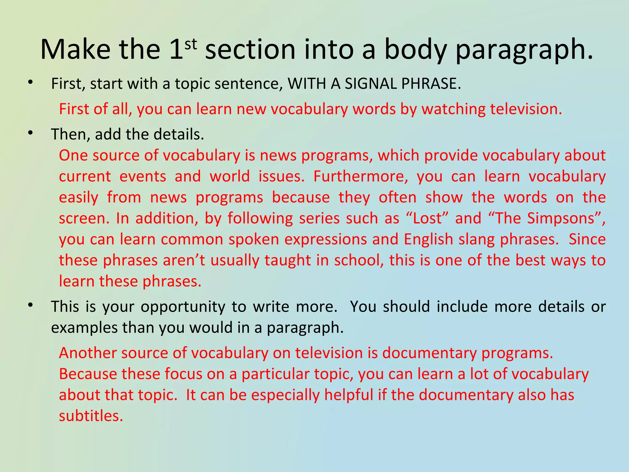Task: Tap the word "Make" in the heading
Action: pos(75,49)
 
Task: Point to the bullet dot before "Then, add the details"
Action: pos(30,133)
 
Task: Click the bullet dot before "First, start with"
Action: pos(30,82)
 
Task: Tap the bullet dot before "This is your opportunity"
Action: pos(30,305)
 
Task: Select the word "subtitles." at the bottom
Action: pos(91,416)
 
